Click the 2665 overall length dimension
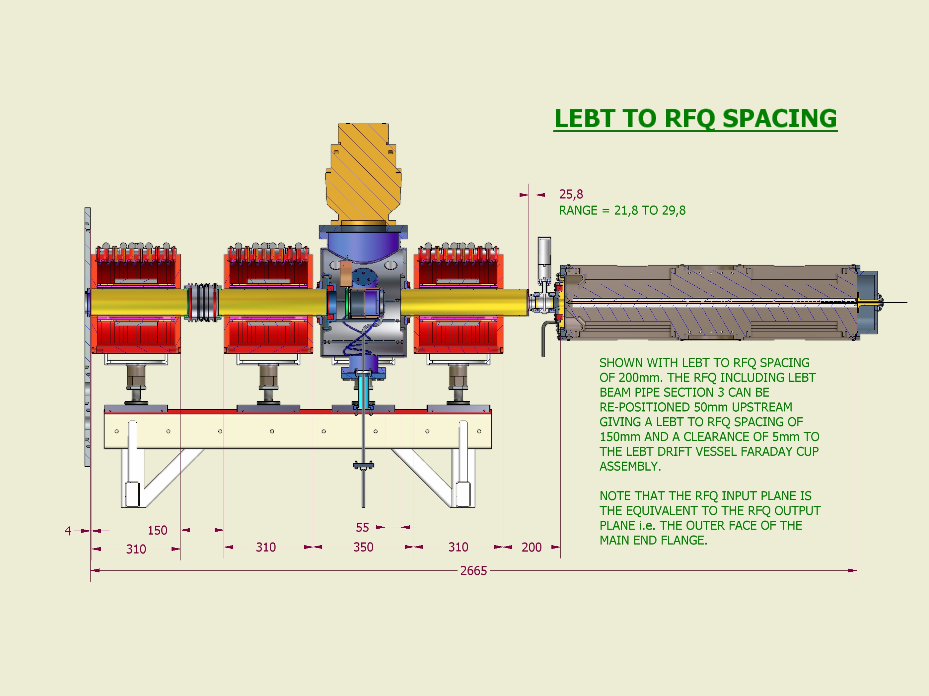click(x=473, y=571)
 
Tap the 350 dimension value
click(x=363, y=547)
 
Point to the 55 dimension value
click(x=362, y=527)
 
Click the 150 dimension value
click(x=158, y=530)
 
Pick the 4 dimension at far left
click(x=68, y=531)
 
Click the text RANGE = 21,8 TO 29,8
click(x=622, y=210)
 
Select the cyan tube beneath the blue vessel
click(x=364, y=390)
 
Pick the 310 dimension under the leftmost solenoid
click(x=136, y=549)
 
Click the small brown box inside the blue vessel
click(x=346, y=274)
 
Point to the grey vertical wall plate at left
click(x=87, y=336)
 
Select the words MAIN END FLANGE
click(x=654, y=540)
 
